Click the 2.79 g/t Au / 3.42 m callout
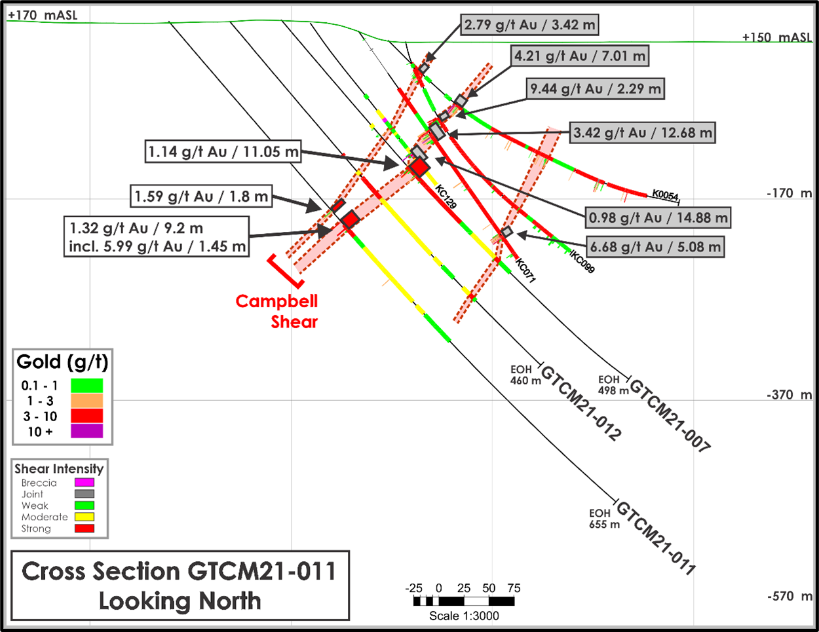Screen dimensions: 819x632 click(x=529, y=25)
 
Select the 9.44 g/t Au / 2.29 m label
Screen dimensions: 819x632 click(x=595, y=89)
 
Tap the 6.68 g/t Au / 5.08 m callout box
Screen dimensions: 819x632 click(x=655, y=247)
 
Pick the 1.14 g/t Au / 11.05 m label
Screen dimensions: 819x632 click(x=223, y=152)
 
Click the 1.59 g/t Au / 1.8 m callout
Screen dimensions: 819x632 click(x=201, y=196)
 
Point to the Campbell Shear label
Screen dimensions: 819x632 click(x=276, y=312)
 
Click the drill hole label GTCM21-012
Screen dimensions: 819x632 click(x=581, y=403)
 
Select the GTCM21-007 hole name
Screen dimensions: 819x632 click(x=670, y=415)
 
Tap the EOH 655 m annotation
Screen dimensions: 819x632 click(x=604, y=519)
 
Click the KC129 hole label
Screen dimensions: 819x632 click(x=446, y=196)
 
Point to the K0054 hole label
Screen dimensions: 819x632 click(x=665, y=195)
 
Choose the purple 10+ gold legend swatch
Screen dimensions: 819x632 click(x=86, y=431)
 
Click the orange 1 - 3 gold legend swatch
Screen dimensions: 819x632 click(x=86, y=401)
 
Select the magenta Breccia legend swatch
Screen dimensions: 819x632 click(x=85, y=483)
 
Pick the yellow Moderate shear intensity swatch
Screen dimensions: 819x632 click(x=85, y=517)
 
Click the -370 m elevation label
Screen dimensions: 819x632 click(x=790, y=395)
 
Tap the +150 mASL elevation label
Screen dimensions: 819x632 click(x=777, y=37)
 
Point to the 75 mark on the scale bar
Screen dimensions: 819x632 click(x=514, y=588)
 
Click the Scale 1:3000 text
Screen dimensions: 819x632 click(x=464, y=616)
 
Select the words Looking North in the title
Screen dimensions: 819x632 click(x=180, y=601)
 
